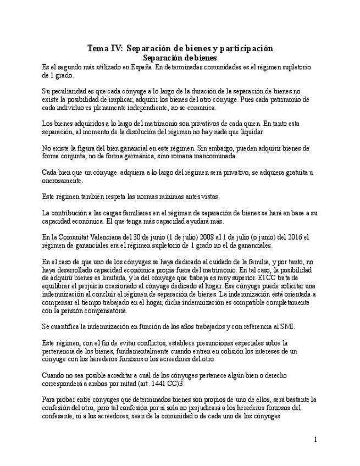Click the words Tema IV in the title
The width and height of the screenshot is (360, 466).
[105, 48]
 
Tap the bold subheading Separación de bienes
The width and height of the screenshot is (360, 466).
[180, 57]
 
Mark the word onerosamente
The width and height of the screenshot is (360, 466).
[62, 181]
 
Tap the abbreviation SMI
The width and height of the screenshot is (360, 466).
[286, 326]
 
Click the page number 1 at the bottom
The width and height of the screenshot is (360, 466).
[315, 440]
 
